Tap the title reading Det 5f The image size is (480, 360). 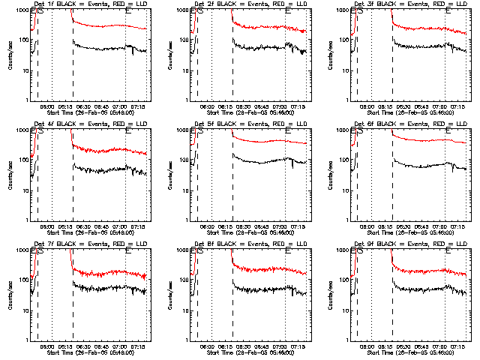[x=249, y=124]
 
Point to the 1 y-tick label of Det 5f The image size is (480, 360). [x=187, y=220]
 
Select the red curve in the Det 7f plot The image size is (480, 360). [x=105, y=274]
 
